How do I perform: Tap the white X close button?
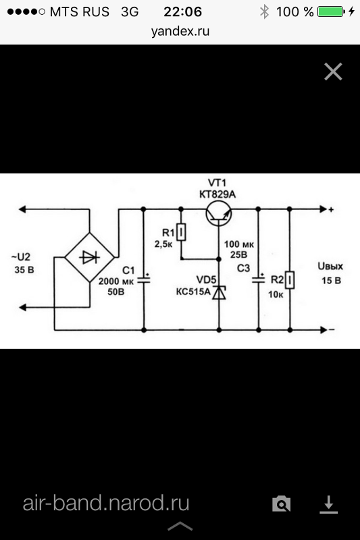point(333,72)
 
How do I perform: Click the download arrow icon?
point(328,504)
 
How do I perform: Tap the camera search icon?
point(282,504)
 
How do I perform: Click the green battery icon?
point(331,11)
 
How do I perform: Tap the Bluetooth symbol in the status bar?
point(264,11)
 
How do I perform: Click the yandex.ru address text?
point(180,31)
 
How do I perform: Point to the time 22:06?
point(182,11)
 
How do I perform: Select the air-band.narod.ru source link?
point(106,503)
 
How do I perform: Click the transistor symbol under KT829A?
point(219,213)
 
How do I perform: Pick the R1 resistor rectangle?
point(181,232)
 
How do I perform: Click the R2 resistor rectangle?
point(290,279)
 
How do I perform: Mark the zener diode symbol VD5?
point(219,293)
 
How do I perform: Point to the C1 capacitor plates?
point(144,279)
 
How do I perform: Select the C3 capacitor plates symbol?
point(259,279)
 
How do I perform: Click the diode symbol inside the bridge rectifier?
point(89,257)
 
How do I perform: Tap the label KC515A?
point(193,292)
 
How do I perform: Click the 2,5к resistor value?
point(163,244)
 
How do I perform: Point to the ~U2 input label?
point(21,257)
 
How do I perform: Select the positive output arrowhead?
point(323,209)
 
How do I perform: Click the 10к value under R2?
point(276,294)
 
